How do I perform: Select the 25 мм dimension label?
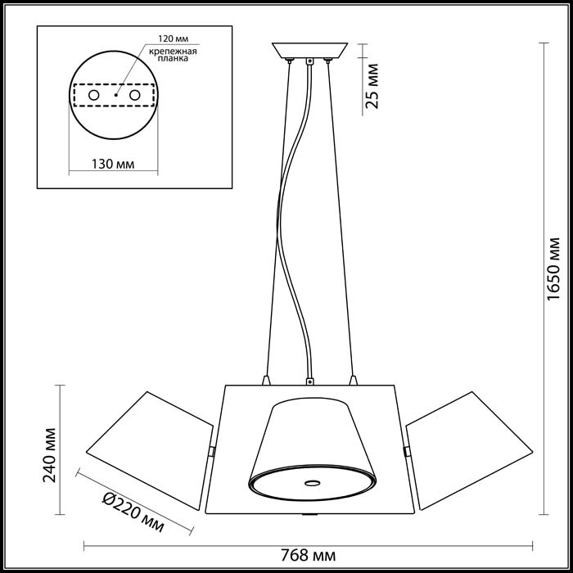coord(372,88)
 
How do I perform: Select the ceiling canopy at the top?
coord(310,50)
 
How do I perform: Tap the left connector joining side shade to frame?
coord(210,451)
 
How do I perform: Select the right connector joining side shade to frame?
coord(407,451)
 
